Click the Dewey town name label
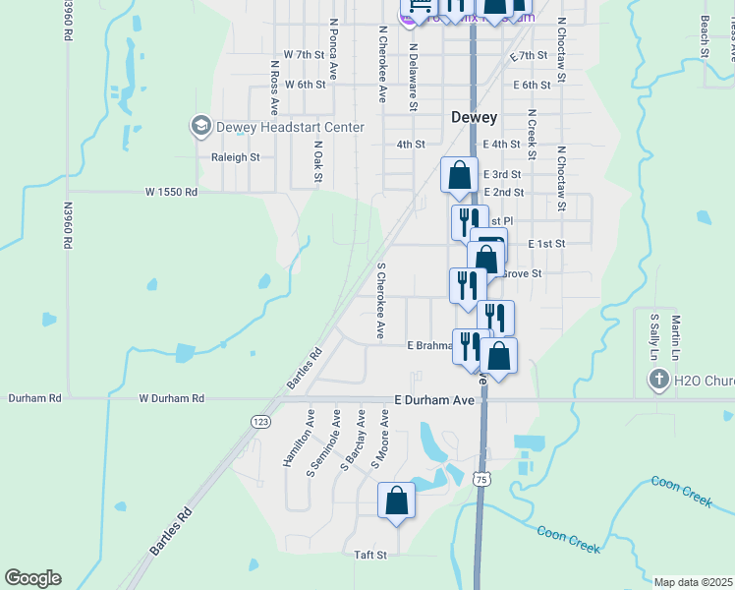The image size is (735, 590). pyautogui.click(x=474, y=117)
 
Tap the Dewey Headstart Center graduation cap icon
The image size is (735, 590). pyautogui.click(x=201, y=127)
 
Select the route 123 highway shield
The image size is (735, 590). pyautogui.click(x=260, y=421)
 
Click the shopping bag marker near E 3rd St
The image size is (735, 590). pyautogui.click(x=459, y=176)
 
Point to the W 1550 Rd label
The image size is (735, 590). pyautogui.click(x=171, y=192)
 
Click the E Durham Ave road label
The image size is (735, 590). pyautogui.click(x=434, y=400)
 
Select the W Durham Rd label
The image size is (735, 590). pyautogui.click(x=171, y=398)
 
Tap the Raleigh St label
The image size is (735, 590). pyautogui.click(x=235, y=156)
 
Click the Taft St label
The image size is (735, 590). pyautogui.click(x=370, y=555)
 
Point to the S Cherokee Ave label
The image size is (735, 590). pyautogui.click(x=380, y=301)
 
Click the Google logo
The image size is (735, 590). pyautogui.click(x=32, y=578)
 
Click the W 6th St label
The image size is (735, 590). pyautogui.click(x=304, y=85)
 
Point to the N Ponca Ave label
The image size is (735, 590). pyautogui.click(x=334, y=47)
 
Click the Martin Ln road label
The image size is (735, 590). pyautogui.click(x=676, y=336)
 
